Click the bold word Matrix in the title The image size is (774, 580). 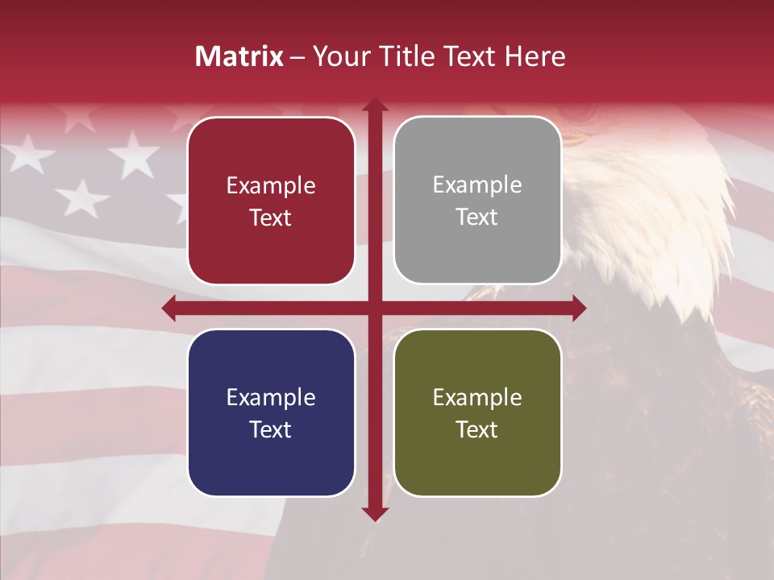[239, 56]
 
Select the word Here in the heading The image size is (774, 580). [535, 56]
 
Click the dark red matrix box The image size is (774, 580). [271, 201]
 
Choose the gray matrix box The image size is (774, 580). [477, 201]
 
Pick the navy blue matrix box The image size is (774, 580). [271, 412]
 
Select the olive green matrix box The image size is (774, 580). [477, 412]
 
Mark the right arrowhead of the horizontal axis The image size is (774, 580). [578, 308]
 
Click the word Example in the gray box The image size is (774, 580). [477, 185]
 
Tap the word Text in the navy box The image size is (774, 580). [271, 429]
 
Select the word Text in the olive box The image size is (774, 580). [477, 429]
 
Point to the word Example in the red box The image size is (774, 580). [271, 186]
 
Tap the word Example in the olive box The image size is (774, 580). [477, 397]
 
